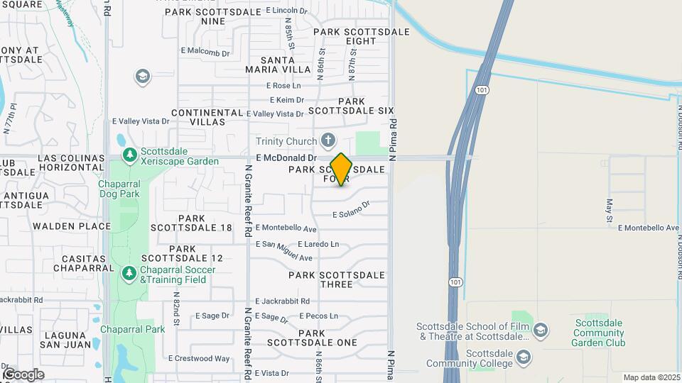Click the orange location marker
(341, 169)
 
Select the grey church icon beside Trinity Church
(328, 139)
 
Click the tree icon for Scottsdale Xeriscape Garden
(129, 155)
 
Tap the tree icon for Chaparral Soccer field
(129, 273)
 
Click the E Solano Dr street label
(352, 210)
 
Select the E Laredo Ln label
(318, 244)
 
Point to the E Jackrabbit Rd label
(282, 301)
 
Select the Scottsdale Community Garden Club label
(598, 333)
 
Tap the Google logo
(23, 374)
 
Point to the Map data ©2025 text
(650, 377)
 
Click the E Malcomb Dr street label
(205, 52)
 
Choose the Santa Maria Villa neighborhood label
(278, 65)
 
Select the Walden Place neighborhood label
(72, 226)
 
